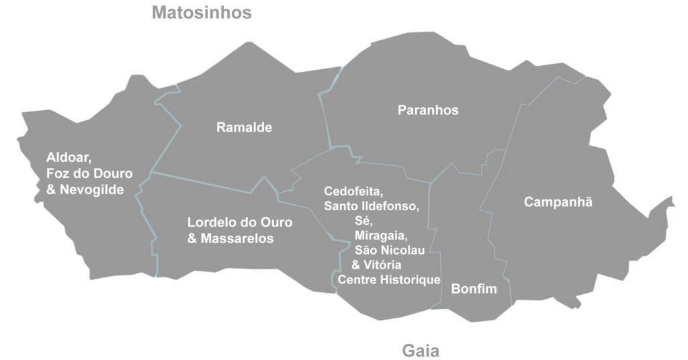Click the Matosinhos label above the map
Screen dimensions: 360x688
coord(202,13)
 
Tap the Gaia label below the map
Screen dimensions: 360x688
coord(421,350)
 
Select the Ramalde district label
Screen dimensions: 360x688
coord(244,127)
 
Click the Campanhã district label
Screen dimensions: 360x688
coord(558,201)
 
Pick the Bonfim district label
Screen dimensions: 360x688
coord(474,289)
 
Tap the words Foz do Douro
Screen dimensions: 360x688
coord(89,174)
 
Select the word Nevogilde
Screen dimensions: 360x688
coord(91,190)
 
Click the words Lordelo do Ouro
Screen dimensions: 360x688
coord(240,222)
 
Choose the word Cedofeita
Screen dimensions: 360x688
coord(353,191)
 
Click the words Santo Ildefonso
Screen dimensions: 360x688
coord(372,206)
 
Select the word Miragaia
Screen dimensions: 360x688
coord(381,236)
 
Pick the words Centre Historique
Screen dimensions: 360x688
coord(389,279)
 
